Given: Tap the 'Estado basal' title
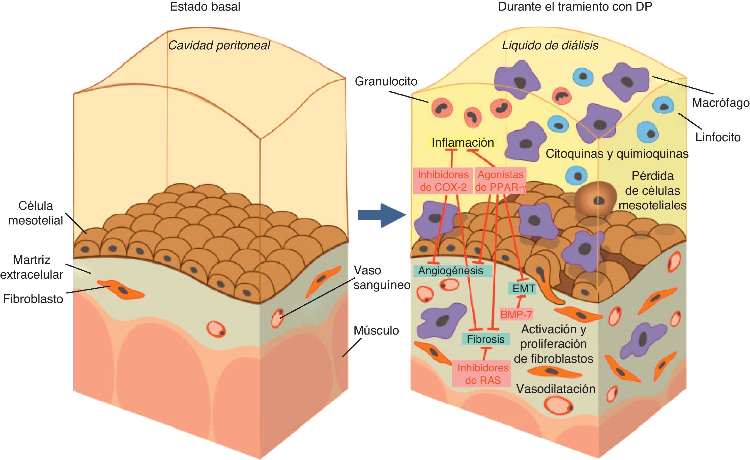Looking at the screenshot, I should point(205,7).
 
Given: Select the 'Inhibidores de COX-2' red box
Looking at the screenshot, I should point(443,181).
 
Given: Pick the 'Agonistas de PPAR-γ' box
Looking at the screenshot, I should point(500,181).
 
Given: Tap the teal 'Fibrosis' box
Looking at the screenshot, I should point(486,339).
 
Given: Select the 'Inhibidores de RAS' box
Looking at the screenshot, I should point(483,374).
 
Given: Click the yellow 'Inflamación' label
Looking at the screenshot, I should point(463,142).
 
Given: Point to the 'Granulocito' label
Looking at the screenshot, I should point(386,81).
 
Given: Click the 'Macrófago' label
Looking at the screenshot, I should point(720,103).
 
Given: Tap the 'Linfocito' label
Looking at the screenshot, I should point(718,137).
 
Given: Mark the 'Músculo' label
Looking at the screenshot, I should point(376,331).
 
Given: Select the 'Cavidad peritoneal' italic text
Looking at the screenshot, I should point(219,45).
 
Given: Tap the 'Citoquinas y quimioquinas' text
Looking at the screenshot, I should point(617,154).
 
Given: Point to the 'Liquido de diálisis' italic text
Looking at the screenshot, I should point(550,45).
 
